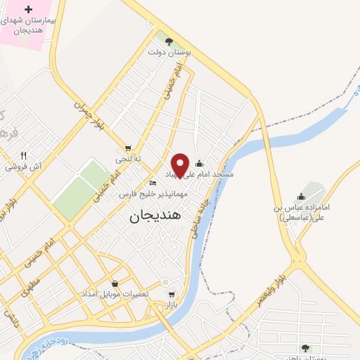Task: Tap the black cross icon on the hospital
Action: pyautogui.click(x=28, y=10)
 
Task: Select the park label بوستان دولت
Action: pyautogui.click(x=165, y=52)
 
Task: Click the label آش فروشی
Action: pyautogui.click(x=23, y=167)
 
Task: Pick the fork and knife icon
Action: pyautogui.click(x=23, y=155)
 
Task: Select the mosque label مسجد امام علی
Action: pyautogui.click(x=208, y=173)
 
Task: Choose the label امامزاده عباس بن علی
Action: pyautogui.click(x=300, y=214)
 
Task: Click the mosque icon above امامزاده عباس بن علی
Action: pyautogui.click(x=301, y=196)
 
